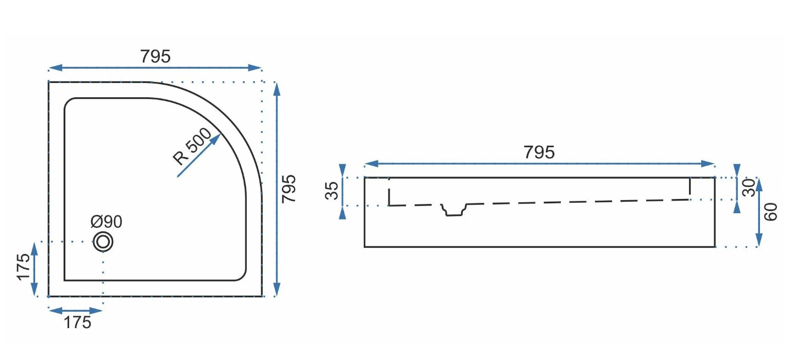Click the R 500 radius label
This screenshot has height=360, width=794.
192,146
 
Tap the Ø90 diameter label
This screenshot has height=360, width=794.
107,221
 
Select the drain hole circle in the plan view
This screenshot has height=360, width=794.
103,242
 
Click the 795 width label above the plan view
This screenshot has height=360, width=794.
156,57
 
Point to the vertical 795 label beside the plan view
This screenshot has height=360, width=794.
288,189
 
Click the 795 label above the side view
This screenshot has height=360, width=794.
539,152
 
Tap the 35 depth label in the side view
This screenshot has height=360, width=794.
332,191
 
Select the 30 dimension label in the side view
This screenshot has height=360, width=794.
749,188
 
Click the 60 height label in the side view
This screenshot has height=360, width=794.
770,212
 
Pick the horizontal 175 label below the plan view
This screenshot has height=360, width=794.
77,323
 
